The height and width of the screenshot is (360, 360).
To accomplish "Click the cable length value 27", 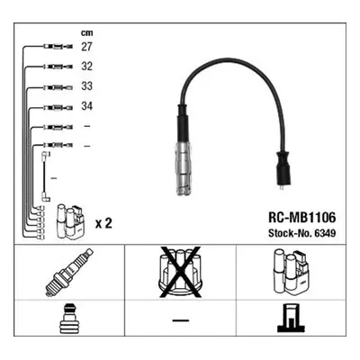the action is [x=86, y=47].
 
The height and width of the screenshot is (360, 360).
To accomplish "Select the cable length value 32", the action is [x=86, y=67].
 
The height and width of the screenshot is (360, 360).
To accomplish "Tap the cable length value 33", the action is [x=86, y=86].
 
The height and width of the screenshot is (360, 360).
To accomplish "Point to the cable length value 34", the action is [x=86, y=106].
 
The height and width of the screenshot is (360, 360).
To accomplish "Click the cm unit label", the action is [x=86, y=32].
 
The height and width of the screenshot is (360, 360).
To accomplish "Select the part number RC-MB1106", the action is [x=301, y=218].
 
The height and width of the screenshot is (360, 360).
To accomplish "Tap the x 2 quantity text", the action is [x=103, y=223].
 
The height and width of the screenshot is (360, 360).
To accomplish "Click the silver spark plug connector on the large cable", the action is [x=184, y=168].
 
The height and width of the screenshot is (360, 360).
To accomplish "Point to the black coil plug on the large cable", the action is [x=283, y=169].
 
